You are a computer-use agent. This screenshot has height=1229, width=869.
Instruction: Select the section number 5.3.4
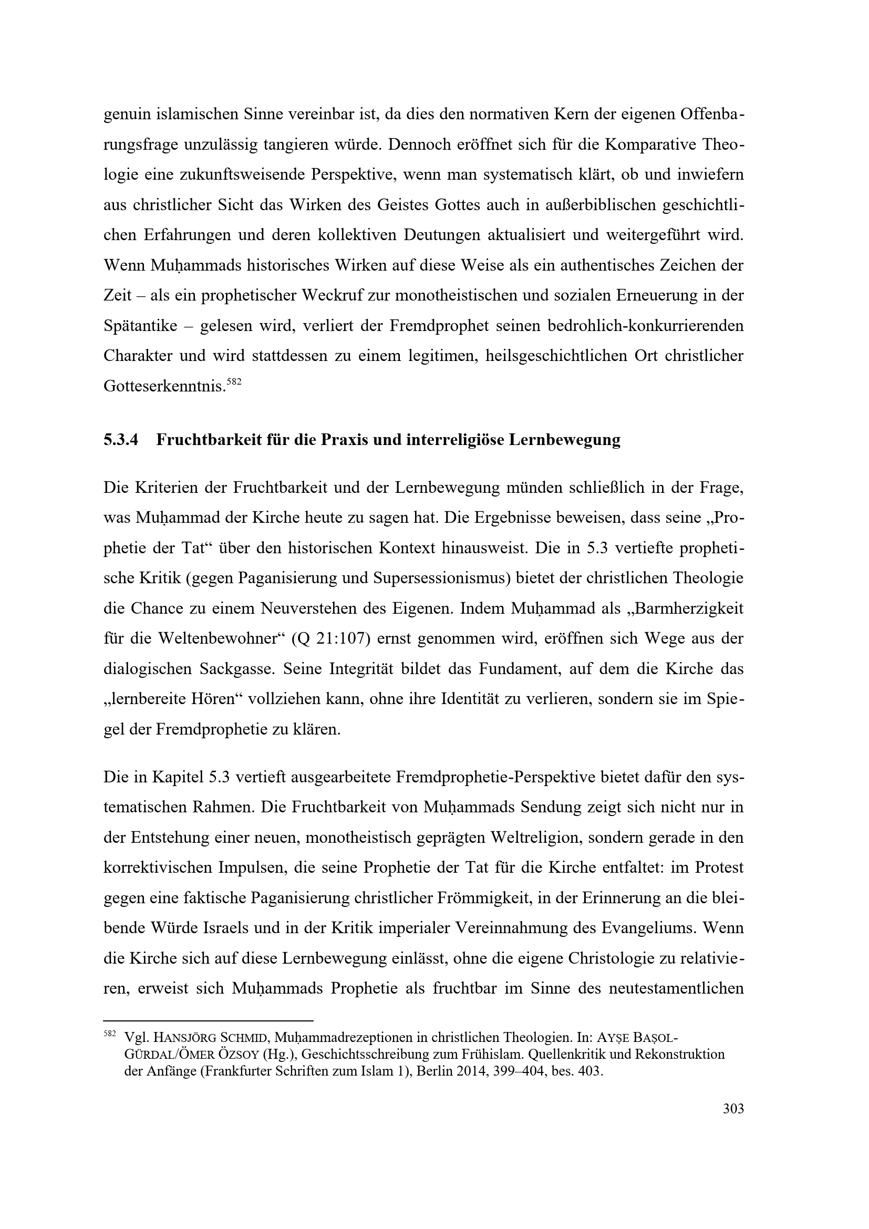[121, 440]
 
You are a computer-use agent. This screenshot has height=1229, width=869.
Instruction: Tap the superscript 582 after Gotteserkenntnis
[234, 381]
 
